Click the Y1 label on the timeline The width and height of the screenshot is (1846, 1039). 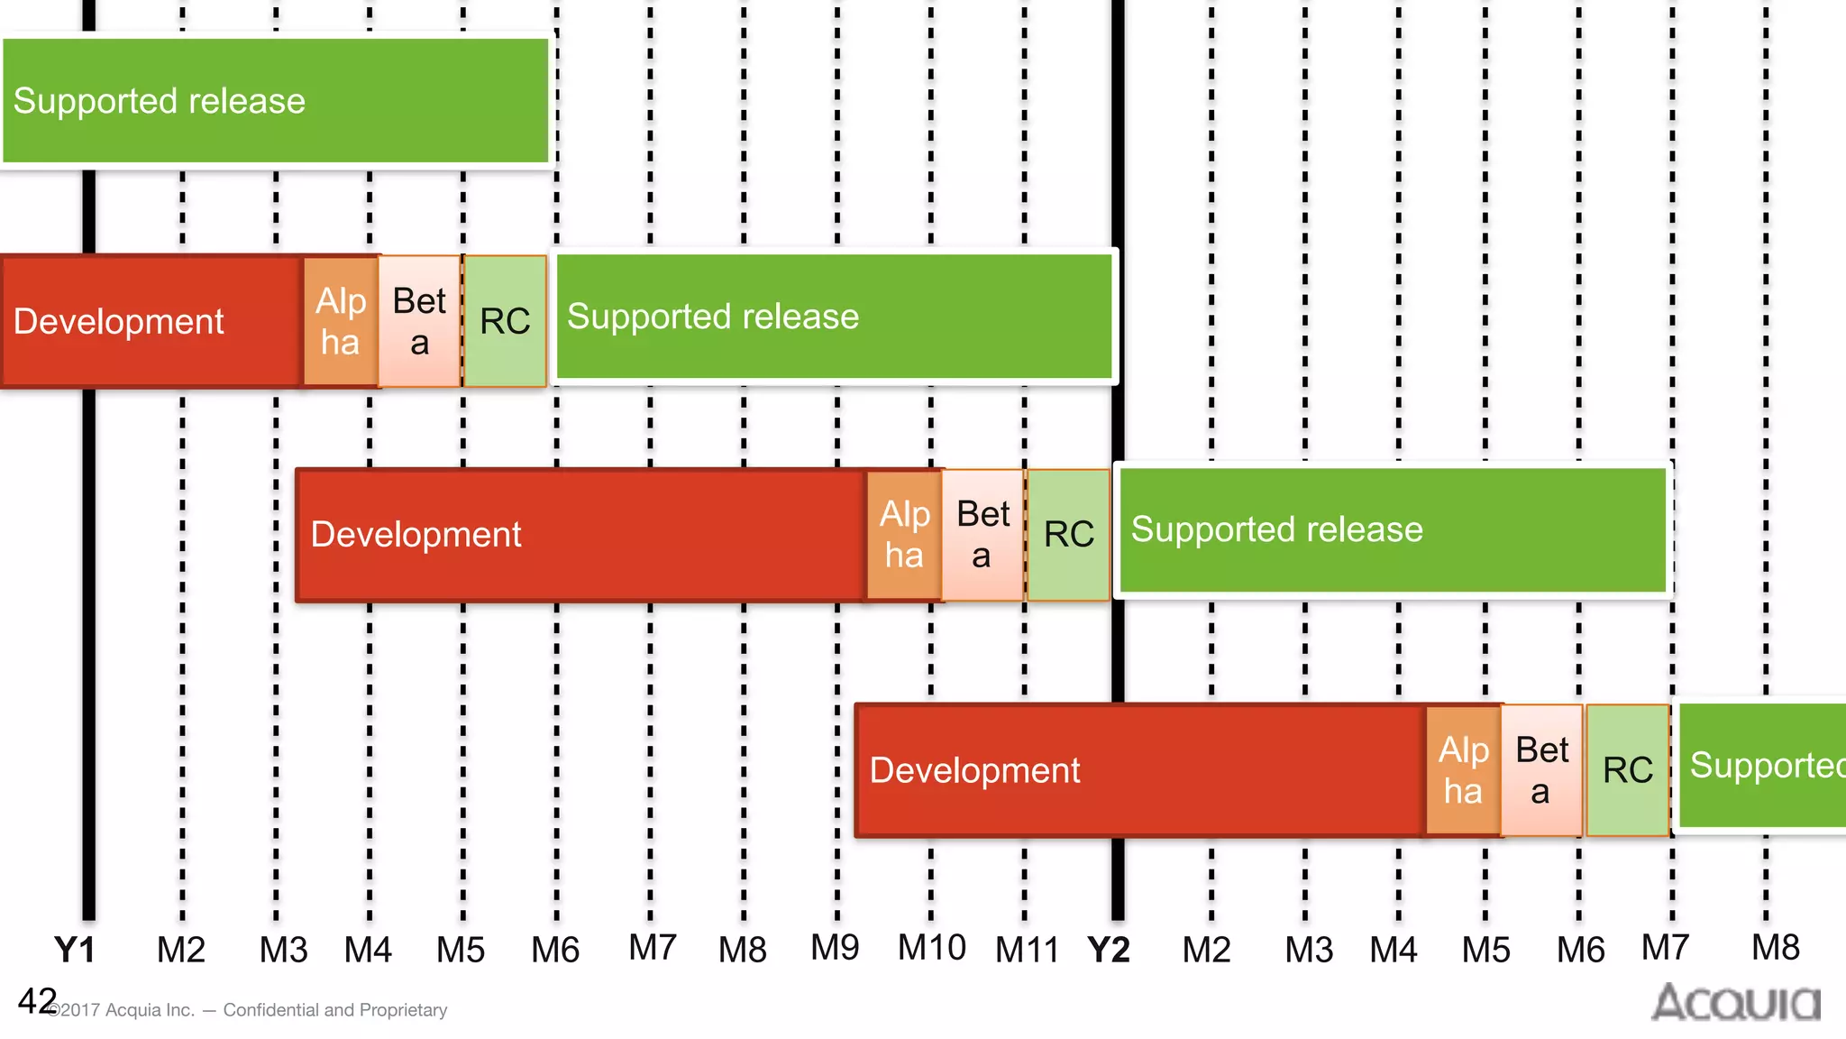[x=74, y=950]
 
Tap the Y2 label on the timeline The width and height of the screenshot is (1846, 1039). [x=1108, y=950]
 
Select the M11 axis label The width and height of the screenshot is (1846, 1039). [x=1026, y=950]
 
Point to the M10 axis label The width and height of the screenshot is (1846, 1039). [x=931, y=948]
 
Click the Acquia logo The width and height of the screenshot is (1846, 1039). [x=1735, y=1002]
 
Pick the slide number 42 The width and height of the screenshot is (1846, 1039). [x=37, y=1000]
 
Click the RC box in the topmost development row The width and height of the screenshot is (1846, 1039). [x=505, y=321]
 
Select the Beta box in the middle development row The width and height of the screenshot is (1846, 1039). [x=982, y=534]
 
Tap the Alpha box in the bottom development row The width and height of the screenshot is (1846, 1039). [x=1463, y=770]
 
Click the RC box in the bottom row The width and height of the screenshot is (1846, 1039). [x=1627, y=770]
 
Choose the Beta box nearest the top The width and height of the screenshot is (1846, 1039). [x=419, y=321]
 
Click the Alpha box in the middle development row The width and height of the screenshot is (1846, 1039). [x=904, y=534]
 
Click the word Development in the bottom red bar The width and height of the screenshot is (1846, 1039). [x=974, y=770]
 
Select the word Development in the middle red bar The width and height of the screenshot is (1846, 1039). [x=416, y=534]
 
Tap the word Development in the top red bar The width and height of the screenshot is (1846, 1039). [x=118, y=321]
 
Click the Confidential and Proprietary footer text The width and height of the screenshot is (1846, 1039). [x=334, y=1010]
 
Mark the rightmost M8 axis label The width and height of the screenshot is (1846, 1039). [x=1775, y=948]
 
